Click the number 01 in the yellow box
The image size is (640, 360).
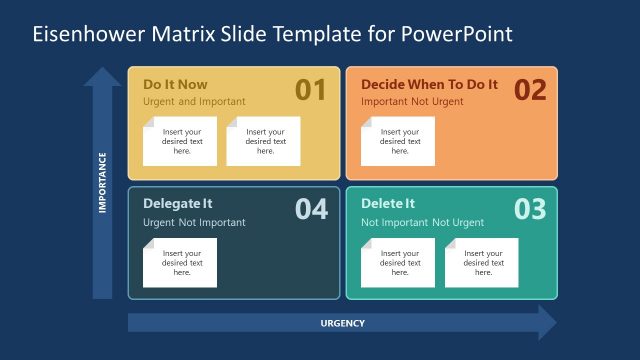(x=311, y=91)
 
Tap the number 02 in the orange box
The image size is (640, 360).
(x=530, y=91)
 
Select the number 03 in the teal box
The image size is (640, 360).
(x=530, y=209)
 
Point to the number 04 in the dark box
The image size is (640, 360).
(x=311, y=209)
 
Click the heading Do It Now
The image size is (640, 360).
(x=175, y=84)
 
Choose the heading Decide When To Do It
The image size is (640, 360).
(x=428, y=84)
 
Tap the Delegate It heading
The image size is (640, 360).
(x=177, y=204)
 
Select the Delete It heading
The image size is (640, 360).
(x=387, y=204)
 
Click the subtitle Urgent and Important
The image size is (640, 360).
(x=194, y=102)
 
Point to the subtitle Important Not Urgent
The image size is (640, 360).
(x=413, y=102)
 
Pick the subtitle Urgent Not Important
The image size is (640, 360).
(x=194, y=222)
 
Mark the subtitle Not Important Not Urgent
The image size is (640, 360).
(x=422, y=222)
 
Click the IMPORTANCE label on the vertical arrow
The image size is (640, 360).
(x=102, y=183)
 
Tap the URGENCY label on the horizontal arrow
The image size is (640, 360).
(x=342, y=323)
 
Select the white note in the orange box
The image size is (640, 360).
(x=398, y=141)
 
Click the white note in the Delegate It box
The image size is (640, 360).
(x=180, y=263)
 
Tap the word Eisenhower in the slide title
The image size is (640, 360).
(x=87, y=34)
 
